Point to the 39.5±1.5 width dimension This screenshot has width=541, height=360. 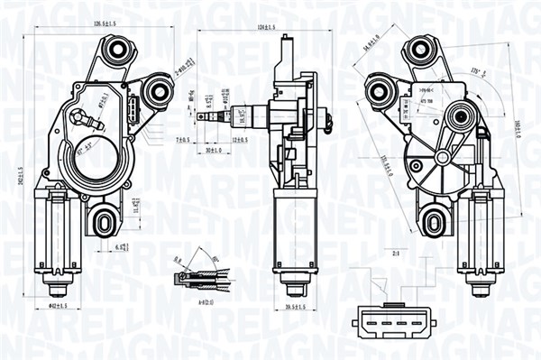(291, 307)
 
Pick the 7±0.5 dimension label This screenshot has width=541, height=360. (184, 140)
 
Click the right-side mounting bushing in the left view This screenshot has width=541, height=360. (162, 89)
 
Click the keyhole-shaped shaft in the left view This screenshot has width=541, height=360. (85, 117)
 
